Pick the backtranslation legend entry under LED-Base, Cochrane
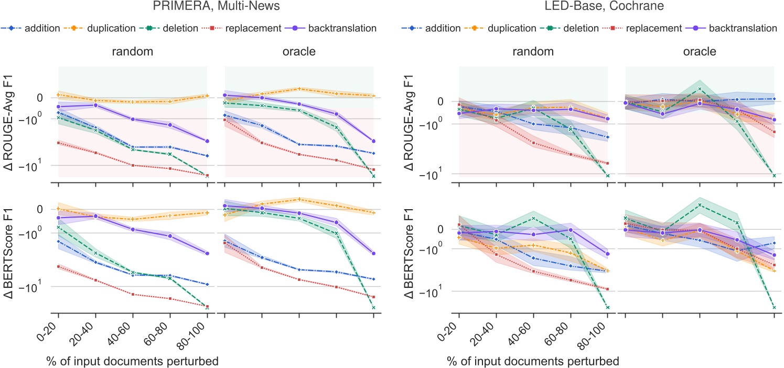[731, 28]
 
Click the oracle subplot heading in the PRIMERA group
[299, 52]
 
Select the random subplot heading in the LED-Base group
[533, 52]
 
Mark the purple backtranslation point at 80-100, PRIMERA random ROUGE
[207, 141]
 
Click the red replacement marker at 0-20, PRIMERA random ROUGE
[58, 143]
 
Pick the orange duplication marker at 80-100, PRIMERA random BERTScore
[207, 212]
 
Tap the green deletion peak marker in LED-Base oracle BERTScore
[700, 204]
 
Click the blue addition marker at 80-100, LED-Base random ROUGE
[607, 137]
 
